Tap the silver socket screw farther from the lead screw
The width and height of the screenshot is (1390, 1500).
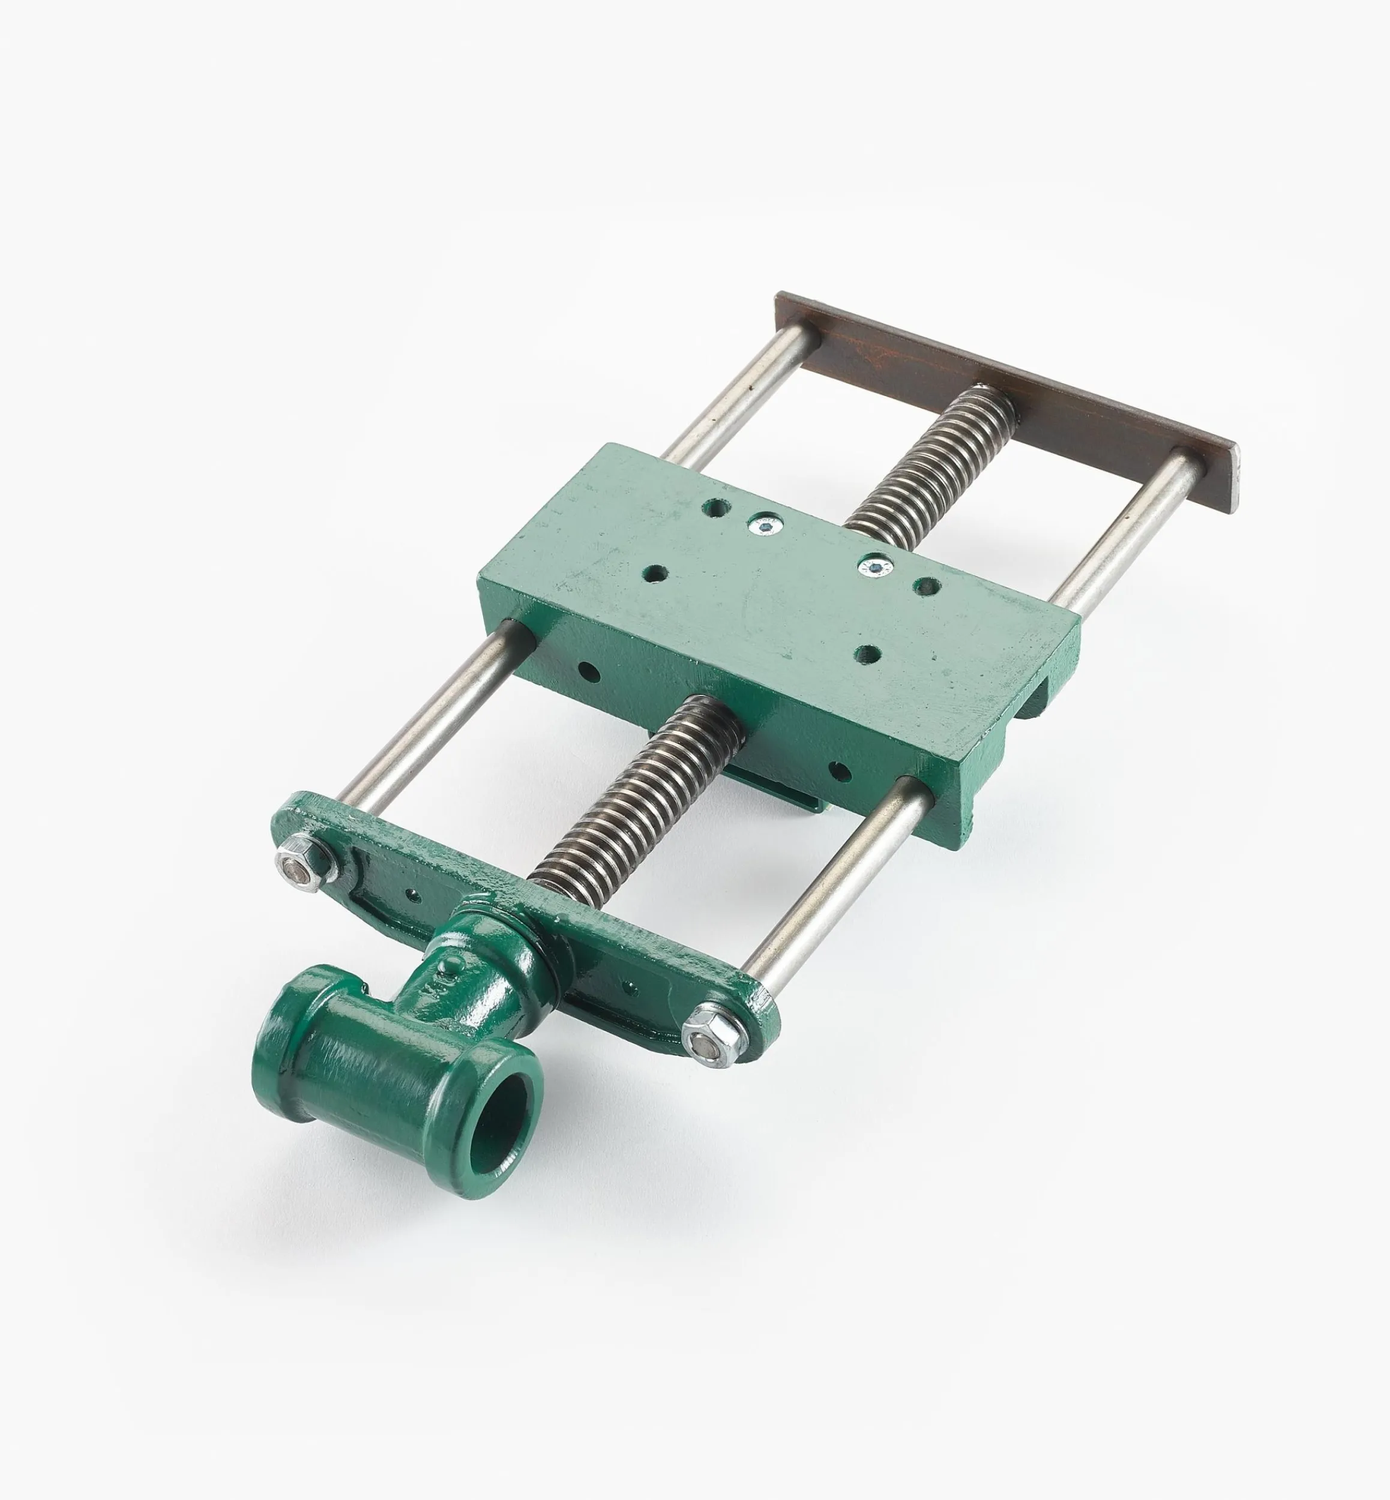tap(766, 523)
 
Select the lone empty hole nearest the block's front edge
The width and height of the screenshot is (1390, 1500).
tap(869, 654)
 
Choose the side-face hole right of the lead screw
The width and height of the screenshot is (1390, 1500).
tap(840, 770)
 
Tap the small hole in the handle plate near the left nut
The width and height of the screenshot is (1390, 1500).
tap(412, 894)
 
